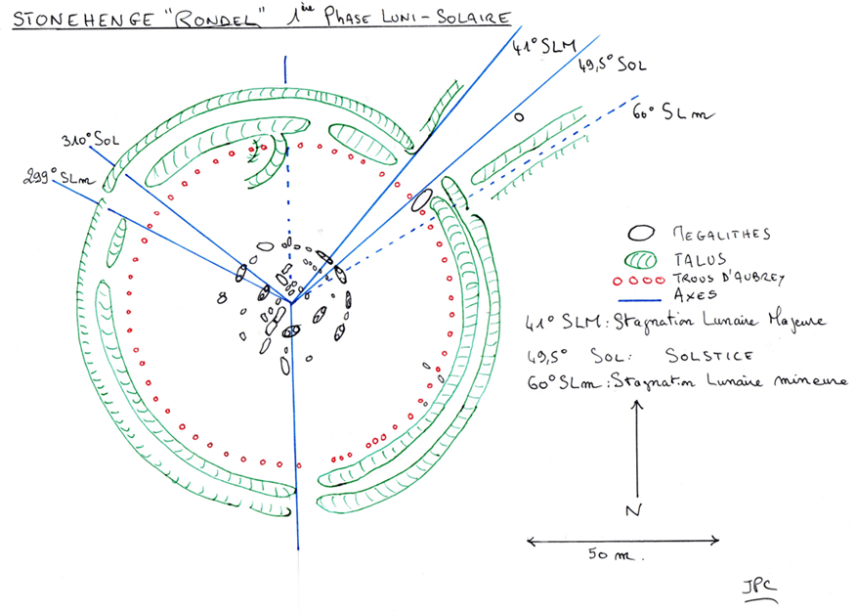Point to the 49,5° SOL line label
tap(611, 66)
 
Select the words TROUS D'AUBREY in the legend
tap(724, 276)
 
